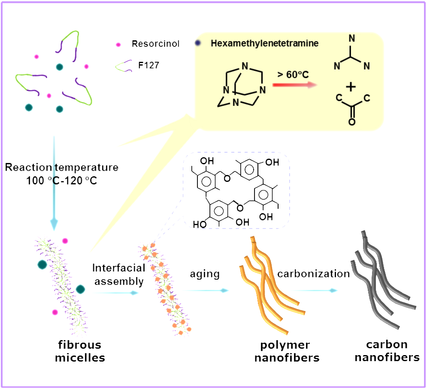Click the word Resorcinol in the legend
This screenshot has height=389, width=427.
(x=155, y=44)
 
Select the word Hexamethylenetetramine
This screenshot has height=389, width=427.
(x=265, y=43)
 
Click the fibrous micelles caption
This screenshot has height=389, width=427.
(x=80, y=351)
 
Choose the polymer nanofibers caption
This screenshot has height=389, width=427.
(x=287, y=351)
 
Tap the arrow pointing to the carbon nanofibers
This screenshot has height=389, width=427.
(x=314, y=290)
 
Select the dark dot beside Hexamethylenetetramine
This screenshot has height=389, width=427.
(x=198, y=43)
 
